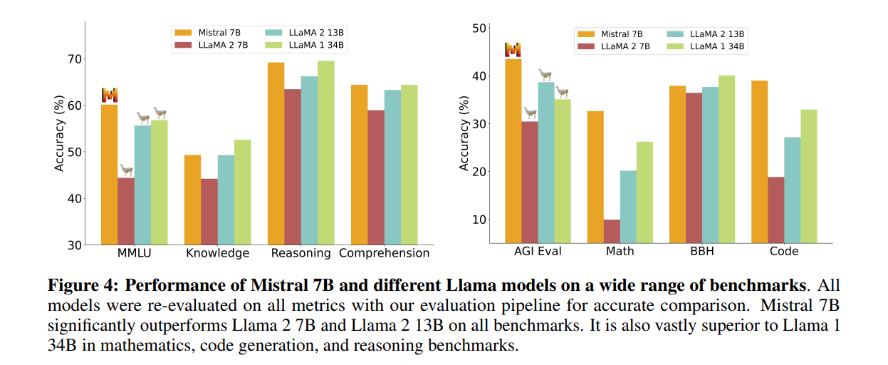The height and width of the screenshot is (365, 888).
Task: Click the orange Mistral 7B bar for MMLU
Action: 109,175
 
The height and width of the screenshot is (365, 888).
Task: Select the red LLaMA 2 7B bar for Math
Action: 612,232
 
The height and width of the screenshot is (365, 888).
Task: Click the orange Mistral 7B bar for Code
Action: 759,162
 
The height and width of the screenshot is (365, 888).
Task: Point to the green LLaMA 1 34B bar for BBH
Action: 726,159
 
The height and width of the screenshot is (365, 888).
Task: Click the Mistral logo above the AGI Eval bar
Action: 513,50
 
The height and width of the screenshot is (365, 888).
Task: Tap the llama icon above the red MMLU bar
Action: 126,170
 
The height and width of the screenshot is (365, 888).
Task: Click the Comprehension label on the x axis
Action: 384,253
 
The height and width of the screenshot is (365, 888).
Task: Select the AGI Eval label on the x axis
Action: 538,251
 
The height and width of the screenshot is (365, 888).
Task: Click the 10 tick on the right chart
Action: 479,220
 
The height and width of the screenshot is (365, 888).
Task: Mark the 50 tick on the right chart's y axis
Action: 479,29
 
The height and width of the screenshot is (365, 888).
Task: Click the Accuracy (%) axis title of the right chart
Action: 464,133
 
